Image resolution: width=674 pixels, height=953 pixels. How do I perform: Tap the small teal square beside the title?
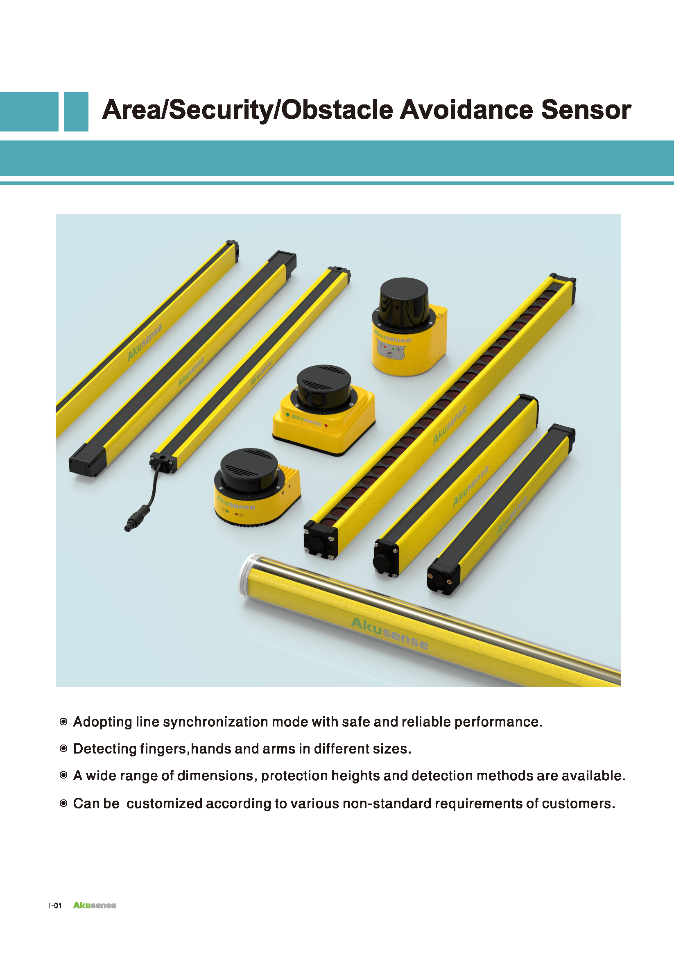click(x=76, y=112)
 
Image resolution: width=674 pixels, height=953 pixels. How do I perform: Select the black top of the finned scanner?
click(x=249, y=468)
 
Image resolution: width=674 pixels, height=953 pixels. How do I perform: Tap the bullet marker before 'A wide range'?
click(x=63, y=775)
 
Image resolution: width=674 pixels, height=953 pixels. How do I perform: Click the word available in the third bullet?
click(x=592, y=776)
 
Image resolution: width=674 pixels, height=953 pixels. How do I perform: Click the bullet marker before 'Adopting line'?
click(x=63, y=722)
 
